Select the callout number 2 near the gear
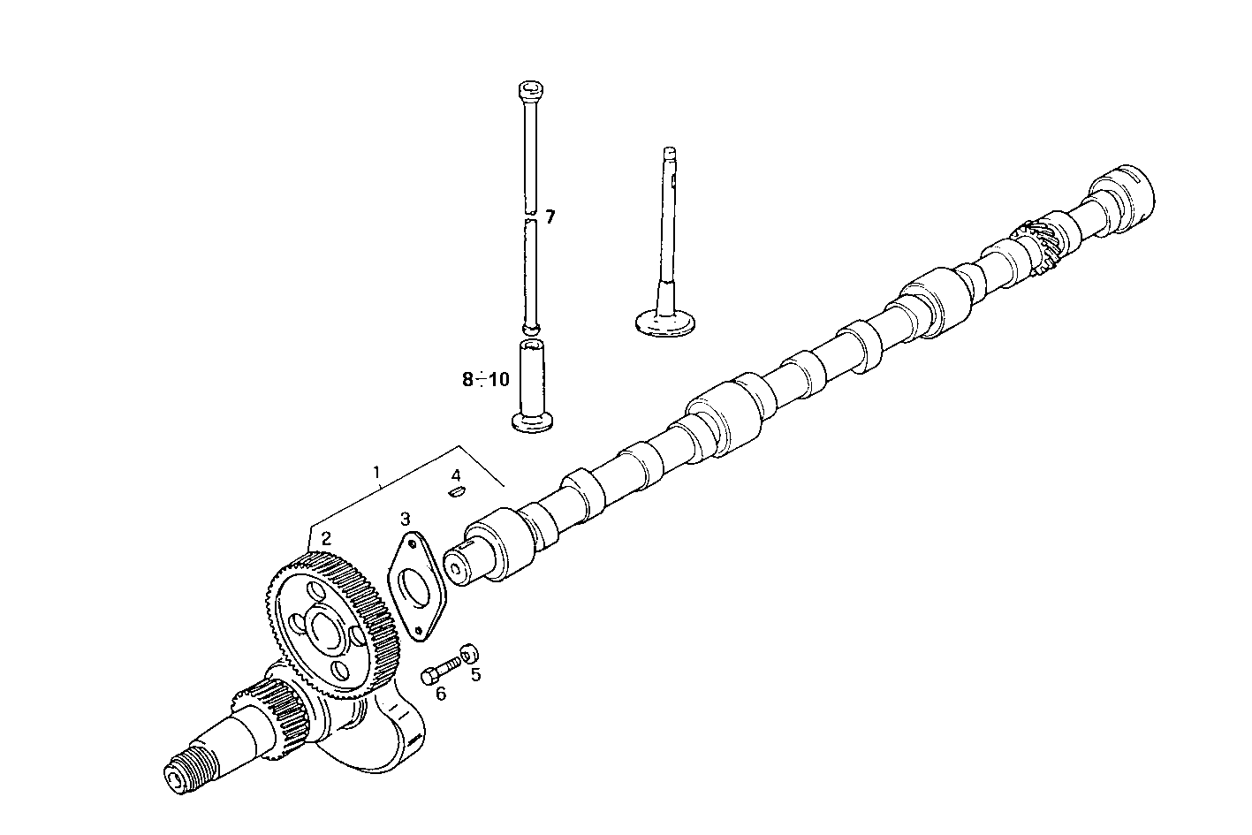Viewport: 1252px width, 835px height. click(x=326, y=538)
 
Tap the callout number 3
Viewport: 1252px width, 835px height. click(x=404, y=517)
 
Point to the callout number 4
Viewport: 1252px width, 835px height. click(x=456, y=476)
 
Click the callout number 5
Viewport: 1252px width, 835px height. click(x=475, y=675)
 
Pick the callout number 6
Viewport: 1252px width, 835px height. click(x=440, y=694)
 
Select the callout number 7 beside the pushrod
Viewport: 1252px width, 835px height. click(x=550, y=216)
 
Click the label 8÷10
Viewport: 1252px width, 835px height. click(x=485, y=380)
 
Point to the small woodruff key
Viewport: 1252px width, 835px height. click(x=456, y=493)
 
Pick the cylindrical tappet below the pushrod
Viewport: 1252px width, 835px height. click(x=532, y=384)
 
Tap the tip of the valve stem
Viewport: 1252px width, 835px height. click(x=670, y=151)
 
